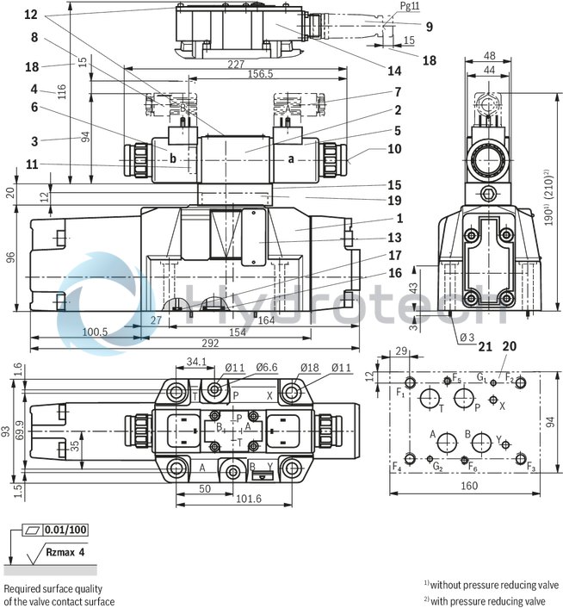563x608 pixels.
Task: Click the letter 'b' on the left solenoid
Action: point(173,158)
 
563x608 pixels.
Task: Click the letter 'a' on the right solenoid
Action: point(290,158)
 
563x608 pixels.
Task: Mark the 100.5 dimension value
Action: point(94,331)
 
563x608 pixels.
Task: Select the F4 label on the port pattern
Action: point(397,468)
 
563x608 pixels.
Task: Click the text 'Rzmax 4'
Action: point(64,551)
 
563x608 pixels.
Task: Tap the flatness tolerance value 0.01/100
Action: point(66,529)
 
